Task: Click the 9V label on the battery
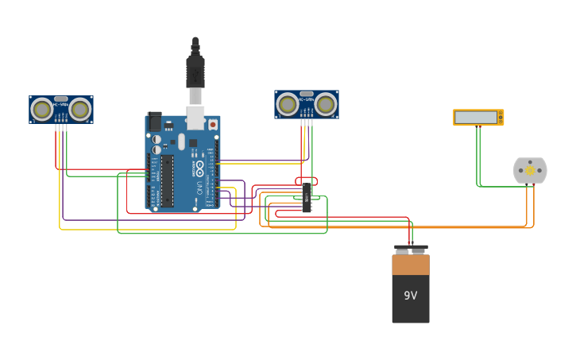pyautogui.click(x=410, y=296)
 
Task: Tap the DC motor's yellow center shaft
pyautogui.click(x=530, y=171)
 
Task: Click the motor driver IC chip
pyautogui.click(x=307, y=197)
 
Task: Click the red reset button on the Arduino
pyautogui.click(x=213, y=125)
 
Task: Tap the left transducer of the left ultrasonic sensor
pyautogui.click(x=42, y=109)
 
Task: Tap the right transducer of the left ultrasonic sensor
pyautogui.click(x=79, y=109)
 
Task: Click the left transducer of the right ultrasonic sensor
pyautogui.click(x=288, y=104)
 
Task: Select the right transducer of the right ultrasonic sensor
pyautogui.click(x=325, y=104)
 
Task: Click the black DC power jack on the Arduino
pyautogui.click(x=154, y=122)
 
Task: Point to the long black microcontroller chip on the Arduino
pyautogui.click(x=167, y=180)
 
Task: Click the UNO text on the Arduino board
pyautogui.click(x=198, y=189)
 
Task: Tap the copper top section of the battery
pyautogui.click(x=410, y=264)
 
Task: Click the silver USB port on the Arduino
pyautogui.click(x=195, y=117)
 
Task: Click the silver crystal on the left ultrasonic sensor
pyautogui.click(x=61, y=99)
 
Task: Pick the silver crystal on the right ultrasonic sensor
pyautogui.click(x=307, y=95)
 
